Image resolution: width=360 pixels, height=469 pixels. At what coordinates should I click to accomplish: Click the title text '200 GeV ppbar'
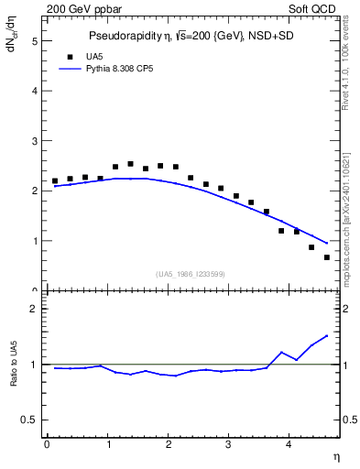coord(78,8)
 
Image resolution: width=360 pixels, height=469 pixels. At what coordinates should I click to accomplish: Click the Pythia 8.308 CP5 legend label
coord(115,68)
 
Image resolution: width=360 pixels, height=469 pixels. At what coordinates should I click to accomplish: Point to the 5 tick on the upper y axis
coord(34,41)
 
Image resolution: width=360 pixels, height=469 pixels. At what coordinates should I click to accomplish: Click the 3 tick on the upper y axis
coord(34,141)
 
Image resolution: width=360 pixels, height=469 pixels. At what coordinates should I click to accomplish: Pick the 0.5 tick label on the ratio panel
coord(29,420)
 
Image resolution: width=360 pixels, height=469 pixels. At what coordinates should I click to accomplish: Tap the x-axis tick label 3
coord(229,445)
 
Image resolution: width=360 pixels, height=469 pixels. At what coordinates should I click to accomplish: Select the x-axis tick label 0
coord(47,445)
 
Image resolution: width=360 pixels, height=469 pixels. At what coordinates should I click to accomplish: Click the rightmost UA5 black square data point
coord(327,257)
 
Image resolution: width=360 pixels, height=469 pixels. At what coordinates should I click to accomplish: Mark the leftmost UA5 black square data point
coord(55,181)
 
